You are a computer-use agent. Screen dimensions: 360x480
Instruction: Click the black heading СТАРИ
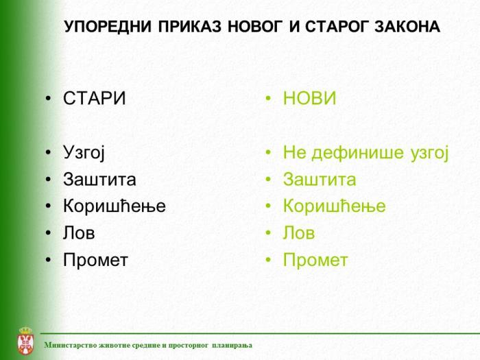95,99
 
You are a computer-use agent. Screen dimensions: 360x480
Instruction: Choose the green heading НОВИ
310,99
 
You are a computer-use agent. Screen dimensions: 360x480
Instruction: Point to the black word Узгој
84,152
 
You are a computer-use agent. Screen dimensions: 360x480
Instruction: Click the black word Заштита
99,180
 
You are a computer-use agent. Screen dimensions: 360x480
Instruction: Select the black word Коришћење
115,206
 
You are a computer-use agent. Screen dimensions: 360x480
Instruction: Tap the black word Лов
79,233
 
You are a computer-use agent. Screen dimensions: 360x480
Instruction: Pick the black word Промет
95,261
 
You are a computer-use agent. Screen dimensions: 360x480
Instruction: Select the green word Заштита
320,180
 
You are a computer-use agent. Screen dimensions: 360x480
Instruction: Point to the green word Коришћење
335,206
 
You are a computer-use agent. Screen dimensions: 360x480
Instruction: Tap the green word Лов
299,233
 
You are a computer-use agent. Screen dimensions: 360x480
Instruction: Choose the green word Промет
315,261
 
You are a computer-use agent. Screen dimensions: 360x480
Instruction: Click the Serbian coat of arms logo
24,341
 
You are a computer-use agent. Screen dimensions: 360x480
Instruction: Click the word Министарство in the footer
69,345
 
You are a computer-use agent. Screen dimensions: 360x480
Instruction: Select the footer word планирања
232,345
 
